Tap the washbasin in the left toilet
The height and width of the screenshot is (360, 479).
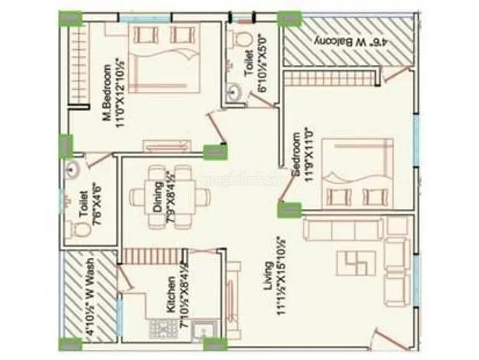tap(75, 171)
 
